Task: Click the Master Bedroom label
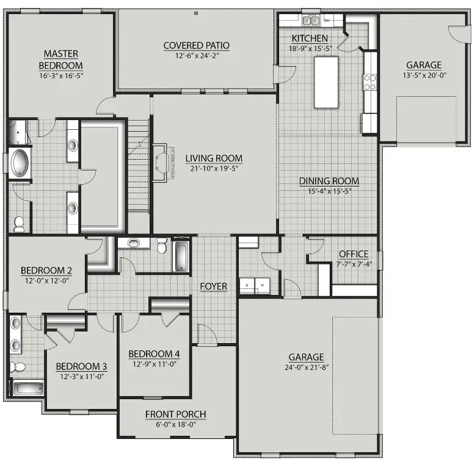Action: coord(61,59)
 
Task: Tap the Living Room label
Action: coord(214,158)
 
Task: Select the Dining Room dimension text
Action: coord(328,191)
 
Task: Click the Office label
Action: coord(354,254)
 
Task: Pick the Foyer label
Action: coord(213,286)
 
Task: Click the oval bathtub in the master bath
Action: coord(20,163)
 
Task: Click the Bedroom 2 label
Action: coord(46,271)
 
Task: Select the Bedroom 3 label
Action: coord(81,366)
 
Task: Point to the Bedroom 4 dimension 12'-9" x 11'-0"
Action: coord(153,364)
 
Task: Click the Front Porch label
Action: coord(175,414)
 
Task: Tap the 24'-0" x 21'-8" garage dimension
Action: coord(307,368)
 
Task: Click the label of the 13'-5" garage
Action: coord(424,65)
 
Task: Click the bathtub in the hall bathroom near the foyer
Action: coord(182,257)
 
